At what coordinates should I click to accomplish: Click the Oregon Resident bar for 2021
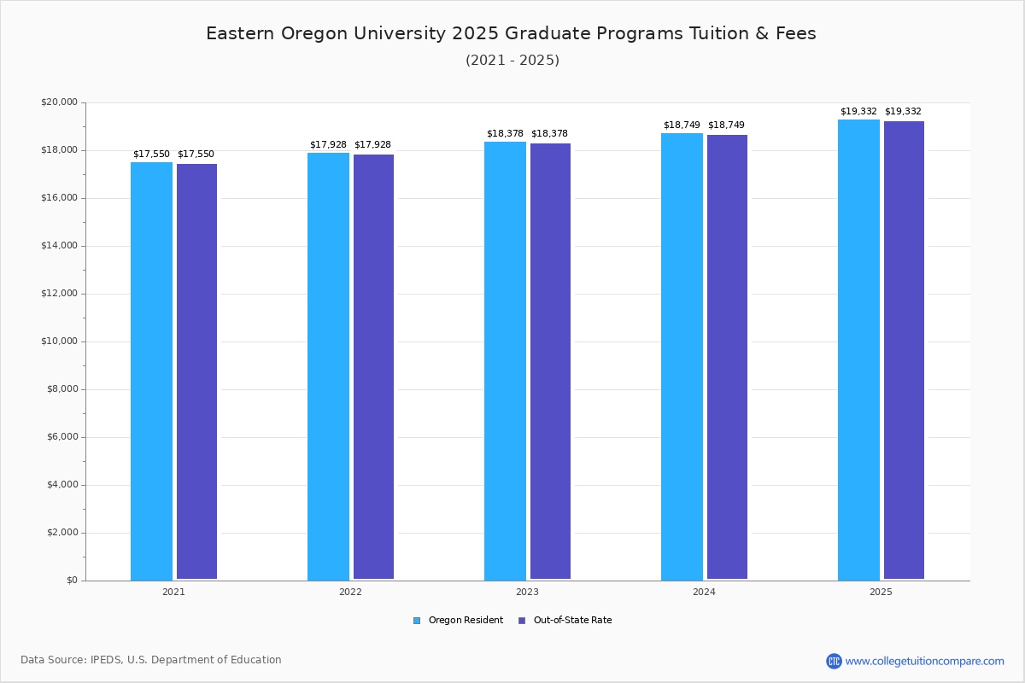(x=151, y=371)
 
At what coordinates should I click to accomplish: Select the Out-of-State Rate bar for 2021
(x=196, y=371)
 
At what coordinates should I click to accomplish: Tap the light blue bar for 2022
(x=328, y=367)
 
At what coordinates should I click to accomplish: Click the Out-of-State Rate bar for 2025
(x=904, y=350)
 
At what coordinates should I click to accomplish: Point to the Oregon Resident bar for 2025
(x=858, y=350)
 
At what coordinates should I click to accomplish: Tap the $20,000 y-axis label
(x=59, y=102)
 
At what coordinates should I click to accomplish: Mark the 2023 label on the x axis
(x=527, y=592)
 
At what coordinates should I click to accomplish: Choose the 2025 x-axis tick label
(x=881, y=592)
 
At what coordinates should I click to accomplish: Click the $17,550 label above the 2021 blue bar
(x=151, y=155)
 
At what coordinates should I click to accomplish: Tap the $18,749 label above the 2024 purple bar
(x=726, y=126)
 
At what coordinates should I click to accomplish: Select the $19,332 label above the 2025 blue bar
(x=858, y=112)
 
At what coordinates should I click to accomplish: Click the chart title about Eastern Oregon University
(x=511, y=33)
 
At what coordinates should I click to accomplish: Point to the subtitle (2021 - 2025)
(x=512, y=61)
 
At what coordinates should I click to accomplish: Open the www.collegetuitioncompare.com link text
(x=924, y=661)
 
